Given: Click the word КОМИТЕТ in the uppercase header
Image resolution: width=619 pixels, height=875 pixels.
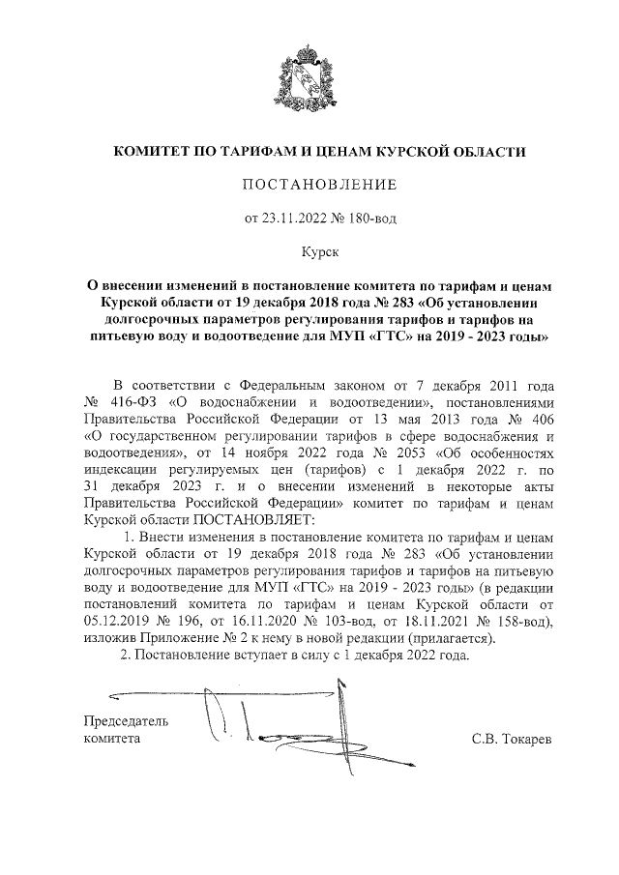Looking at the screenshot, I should click(154, 152).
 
